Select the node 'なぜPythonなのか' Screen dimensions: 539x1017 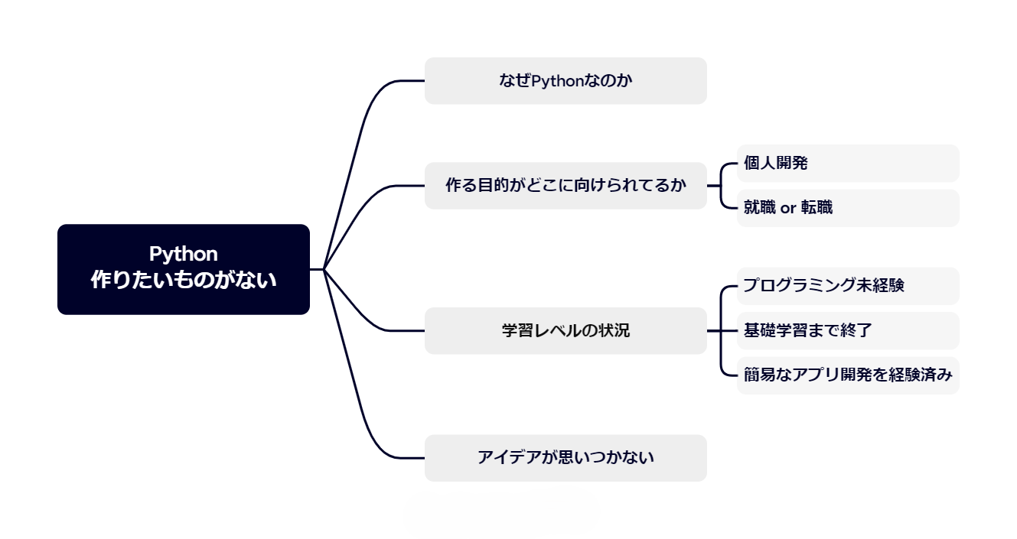[x=566, y=80]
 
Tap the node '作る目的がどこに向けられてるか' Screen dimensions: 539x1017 [x=566, y=185]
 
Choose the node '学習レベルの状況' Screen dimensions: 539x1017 [x=566, y=330]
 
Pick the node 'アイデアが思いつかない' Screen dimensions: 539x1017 [x=566, y=458]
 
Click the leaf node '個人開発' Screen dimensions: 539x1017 [x=848, y=163]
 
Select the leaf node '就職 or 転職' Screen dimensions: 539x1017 [x=848, y=207]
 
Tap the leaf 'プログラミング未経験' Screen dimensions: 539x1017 [x=848, y=286]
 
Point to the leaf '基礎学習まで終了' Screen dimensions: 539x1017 [x=848, y=330]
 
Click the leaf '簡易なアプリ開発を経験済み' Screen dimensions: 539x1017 [x=848, y=375]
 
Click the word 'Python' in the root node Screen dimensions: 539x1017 [x=184, y=254]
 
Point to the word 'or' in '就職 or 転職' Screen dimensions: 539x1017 [x=788, y=208]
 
